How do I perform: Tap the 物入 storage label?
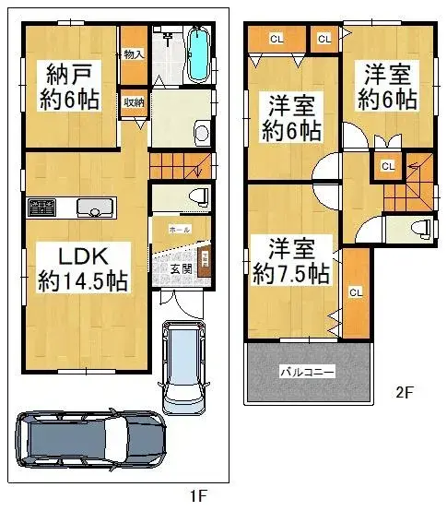tap(134, 54)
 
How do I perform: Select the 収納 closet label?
tap(133, 102)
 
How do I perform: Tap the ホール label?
tap(180, 227)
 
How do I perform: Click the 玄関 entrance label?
tap(181, 268)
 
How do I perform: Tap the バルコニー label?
tap(307, 371)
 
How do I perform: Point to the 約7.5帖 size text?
tap(292, 273)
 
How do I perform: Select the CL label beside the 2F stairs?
tap(387, 166)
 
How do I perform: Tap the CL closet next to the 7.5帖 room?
tap(355, 291)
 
